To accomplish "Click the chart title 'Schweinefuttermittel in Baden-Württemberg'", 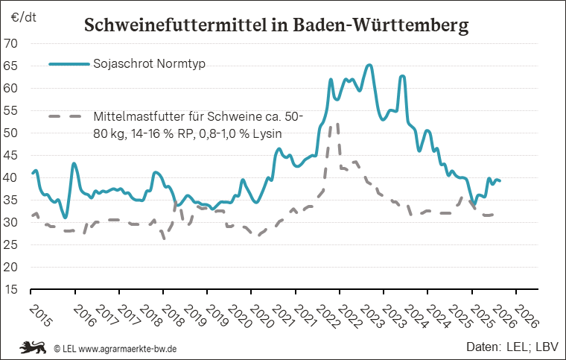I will click(x=276, y=25).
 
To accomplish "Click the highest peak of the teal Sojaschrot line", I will click(x=369, y=66).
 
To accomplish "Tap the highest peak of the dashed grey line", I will click(x=337, y=124).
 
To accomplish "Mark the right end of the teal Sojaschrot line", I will click(x=500, y=181).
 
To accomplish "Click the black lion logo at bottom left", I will click(x=33, y=347).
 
